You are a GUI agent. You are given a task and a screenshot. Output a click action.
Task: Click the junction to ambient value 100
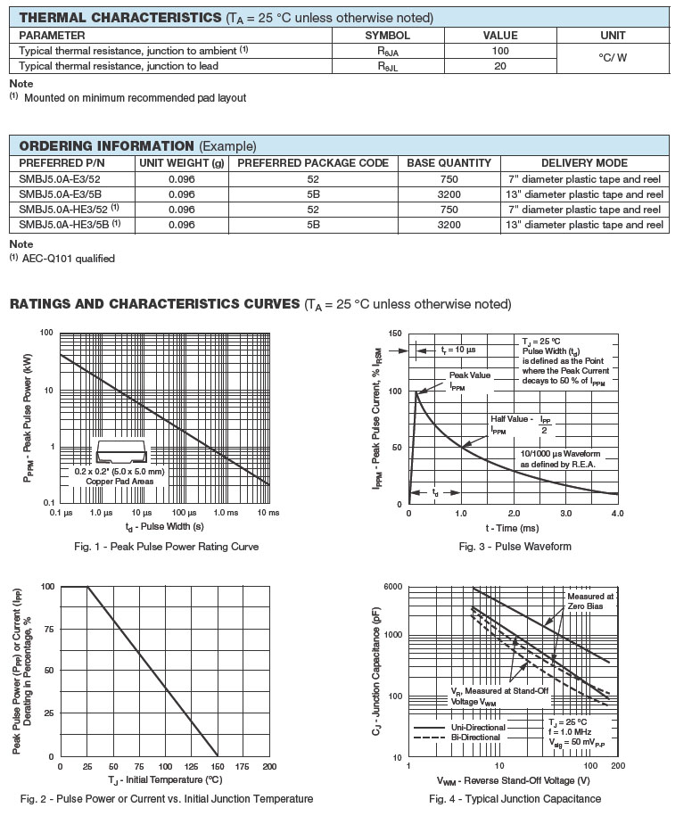500,51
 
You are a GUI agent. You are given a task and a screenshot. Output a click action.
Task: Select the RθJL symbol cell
388,66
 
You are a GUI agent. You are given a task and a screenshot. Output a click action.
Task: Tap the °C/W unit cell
613,58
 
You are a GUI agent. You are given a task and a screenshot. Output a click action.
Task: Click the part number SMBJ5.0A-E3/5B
60,194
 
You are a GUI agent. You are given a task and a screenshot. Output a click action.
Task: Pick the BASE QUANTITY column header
449,163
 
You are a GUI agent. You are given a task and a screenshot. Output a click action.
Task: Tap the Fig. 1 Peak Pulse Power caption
167,547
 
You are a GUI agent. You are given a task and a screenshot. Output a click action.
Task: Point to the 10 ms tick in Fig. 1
268,514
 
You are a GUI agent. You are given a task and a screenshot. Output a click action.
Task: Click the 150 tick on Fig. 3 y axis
394,333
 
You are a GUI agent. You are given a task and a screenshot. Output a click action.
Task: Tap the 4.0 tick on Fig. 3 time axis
618,514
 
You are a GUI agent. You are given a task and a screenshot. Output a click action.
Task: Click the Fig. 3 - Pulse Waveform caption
515,547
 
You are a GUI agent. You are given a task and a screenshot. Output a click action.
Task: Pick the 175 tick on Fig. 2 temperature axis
243,766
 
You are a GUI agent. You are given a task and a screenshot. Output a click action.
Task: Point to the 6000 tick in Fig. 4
392,586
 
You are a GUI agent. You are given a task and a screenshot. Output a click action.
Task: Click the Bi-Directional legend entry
475,738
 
